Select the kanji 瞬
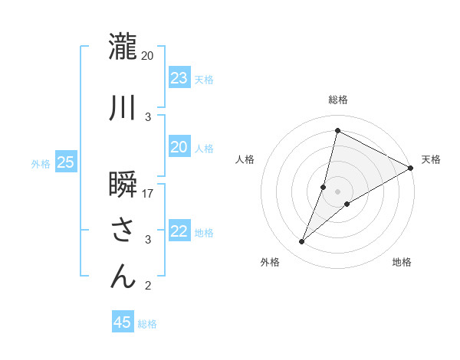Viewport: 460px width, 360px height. [x=123, y=185]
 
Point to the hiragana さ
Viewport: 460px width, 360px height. [x=123, y=231]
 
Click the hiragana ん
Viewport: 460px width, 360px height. [x=123, y=277]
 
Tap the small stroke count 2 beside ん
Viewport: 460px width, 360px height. [x=148, y=286]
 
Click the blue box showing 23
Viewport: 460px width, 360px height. [x=179, y=78]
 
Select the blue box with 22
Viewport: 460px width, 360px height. [x=179, y=232]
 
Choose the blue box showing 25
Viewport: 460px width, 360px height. [x=65, y=162]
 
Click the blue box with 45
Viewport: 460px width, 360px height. [x=123, y=322]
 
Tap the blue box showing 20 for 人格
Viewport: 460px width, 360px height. [x=179, y=148]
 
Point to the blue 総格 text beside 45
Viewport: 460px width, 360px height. [x=147, y=324]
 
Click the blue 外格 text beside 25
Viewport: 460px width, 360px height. [x=41, y=163]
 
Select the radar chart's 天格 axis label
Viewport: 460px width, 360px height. [x=431, y=159]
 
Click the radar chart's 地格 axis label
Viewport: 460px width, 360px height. [x=402, y=262]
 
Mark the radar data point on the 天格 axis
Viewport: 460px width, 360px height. [x=411, y=169]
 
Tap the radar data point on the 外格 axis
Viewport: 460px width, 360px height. [x=302, y=242]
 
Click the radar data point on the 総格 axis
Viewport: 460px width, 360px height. [x=337, y=130]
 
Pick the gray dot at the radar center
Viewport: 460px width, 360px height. [x=337, y=191]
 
